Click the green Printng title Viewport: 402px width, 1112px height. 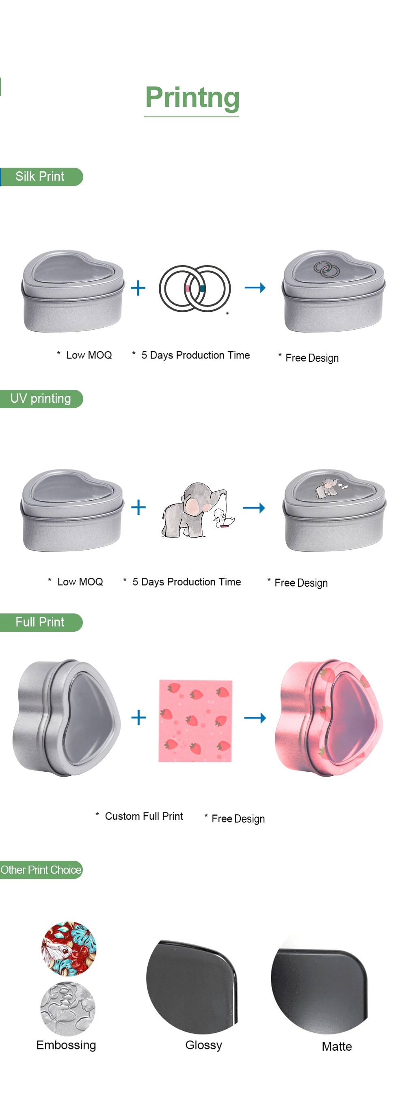coord(192,97)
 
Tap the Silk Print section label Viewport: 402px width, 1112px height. coord(40,177)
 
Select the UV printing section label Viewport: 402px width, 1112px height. coord(41,398)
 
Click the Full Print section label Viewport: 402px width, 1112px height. coord(40,622)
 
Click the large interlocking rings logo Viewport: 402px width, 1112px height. coord(195,288)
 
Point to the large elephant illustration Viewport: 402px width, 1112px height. coord(197,510)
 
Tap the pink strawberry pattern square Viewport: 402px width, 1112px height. coord(195,721)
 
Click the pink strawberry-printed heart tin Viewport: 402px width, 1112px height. coord(329,718)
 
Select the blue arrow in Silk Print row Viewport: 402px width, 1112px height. coord(255,287)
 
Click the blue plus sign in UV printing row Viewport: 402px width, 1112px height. coord(138,507)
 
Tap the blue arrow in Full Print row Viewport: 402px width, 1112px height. coord(255,718)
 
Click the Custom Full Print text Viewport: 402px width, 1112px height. coord(144,816)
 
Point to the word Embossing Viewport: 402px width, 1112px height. coord(66,1045)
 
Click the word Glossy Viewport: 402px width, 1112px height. coord(203,1045)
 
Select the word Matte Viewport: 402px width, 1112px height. coord(336,1046)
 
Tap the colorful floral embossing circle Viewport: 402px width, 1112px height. coord(69,949)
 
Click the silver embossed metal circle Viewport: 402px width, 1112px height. coord(68,1008)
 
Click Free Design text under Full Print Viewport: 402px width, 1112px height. coord(238,818)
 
